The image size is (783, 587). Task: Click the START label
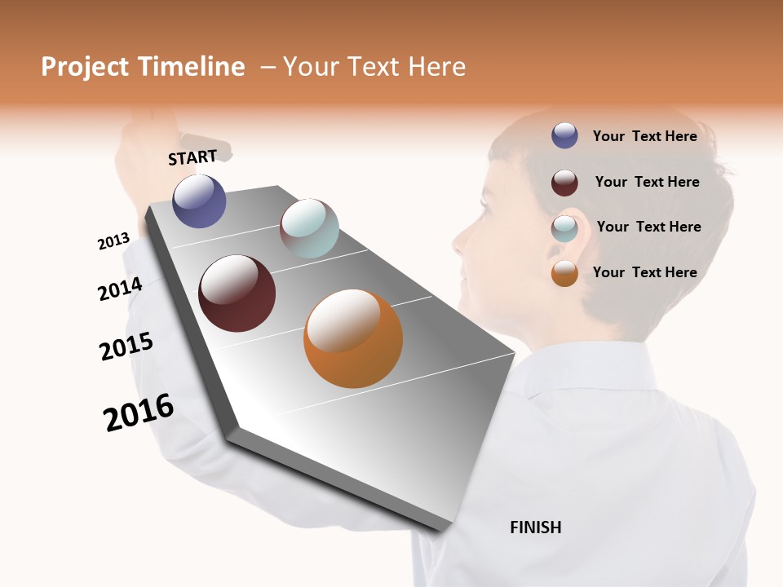click(192, 157)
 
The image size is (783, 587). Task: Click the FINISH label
click(535, 527)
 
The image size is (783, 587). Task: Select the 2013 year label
click(113, 241)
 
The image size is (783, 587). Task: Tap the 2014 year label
click(120, 289)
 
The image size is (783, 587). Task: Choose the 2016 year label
click(139, 412)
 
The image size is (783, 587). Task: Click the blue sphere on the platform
click(199, 201)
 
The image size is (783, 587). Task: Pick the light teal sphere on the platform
click(309, 228)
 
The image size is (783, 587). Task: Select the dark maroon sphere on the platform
click(237, 293)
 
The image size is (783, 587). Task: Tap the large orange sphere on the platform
click(352, 338)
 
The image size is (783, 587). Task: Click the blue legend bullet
click(564, 135)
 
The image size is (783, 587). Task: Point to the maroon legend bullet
click(564, 183)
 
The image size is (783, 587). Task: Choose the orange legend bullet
click(564, 273)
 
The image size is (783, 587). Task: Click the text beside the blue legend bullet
click(644, 136)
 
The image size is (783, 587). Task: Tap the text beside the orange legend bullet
click(644, 272)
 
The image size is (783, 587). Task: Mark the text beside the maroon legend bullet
click(647, 182)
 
